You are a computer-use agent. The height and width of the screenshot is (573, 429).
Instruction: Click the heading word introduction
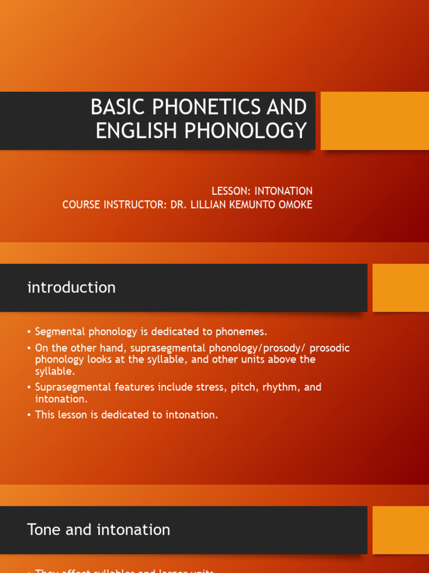coord(71,288)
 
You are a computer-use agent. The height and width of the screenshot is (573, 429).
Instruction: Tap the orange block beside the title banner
coord(375,121)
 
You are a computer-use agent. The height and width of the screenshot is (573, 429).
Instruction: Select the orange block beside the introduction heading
coord(401,288)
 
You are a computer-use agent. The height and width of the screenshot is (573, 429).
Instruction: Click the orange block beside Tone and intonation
coord(401,530)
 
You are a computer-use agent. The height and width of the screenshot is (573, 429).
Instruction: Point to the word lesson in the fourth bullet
coord(75,415)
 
